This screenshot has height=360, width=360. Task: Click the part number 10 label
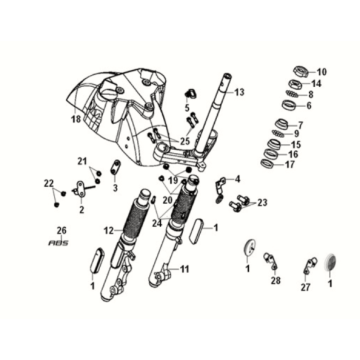(x=322, y=72)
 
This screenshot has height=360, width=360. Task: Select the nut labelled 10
(x=300, y=72)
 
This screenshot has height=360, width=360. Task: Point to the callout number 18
(x=77, y=119)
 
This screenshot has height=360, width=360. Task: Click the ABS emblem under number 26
(x=58, y=242)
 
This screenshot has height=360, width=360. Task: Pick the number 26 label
(x=62, y=230)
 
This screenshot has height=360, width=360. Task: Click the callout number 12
(x=108, y=230)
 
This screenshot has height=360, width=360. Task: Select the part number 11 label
(x=184, y=269)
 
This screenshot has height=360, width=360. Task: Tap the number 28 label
(x=276, y=280)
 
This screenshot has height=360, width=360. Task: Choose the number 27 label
(x=306, y=287)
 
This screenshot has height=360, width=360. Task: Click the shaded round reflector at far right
(x=331, y=262)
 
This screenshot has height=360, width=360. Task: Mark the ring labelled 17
(x=269, y=164)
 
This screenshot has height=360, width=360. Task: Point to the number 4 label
(x=237, y=179)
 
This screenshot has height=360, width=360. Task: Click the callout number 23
(x=262, y=203)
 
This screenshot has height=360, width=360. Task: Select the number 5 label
(x=187, y=108)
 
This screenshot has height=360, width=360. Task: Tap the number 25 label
(x=184, y=141)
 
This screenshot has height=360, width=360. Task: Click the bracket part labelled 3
(x=115, y=167)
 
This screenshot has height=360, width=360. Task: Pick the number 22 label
(x=49, y=183)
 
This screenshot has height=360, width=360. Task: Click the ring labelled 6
(x=290, y=106)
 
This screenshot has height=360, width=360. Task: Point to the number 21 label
(x=82, y=162)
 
